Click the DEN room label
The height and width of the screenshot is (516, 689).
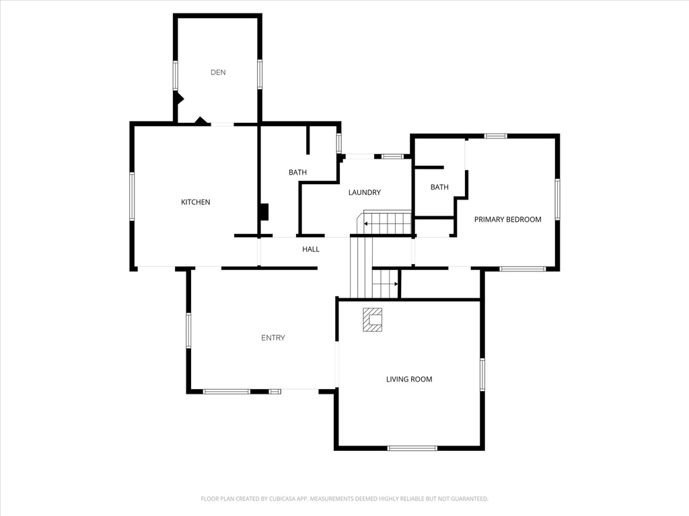(x=218, y=73)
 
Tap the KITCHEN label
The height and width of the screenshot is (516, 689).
(x=196, y=202)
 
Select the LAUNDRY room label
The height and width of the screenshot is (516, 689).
(x=364, y=193)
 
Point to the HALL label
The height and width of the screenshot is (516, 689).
(x=311, y=250)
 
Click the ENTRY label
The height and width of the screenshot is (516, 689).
(x=273, y=338)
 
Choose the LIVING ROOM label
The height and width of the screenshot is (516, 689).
(x=409, y=380)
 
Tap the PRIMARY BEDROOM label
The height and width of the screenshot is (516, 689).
(x=507, y=220)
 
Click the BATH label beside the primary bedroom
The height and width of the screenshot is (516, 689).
(x=439, y=187)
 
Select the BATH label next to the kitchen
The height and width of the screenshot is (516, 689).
(x=297, y=173)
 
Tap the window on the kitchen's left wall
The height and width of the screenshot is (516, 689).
(x=131, y=196)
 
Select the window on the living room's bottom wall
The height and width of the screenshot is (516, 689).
(x=412, y=448)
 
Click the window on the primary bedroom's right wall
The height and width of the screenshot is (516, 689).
(x=557, y=199)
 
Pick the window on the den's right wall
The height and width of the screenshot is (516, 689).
(x=260, y=74)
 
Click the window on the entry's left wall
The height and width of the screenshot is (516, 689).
(x=188, y=331)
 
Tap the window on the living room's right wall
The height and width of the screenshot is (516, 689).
(x=482, y=374)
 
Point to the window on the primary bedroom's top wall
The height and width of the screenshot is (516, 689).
(x=495, y=136)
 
